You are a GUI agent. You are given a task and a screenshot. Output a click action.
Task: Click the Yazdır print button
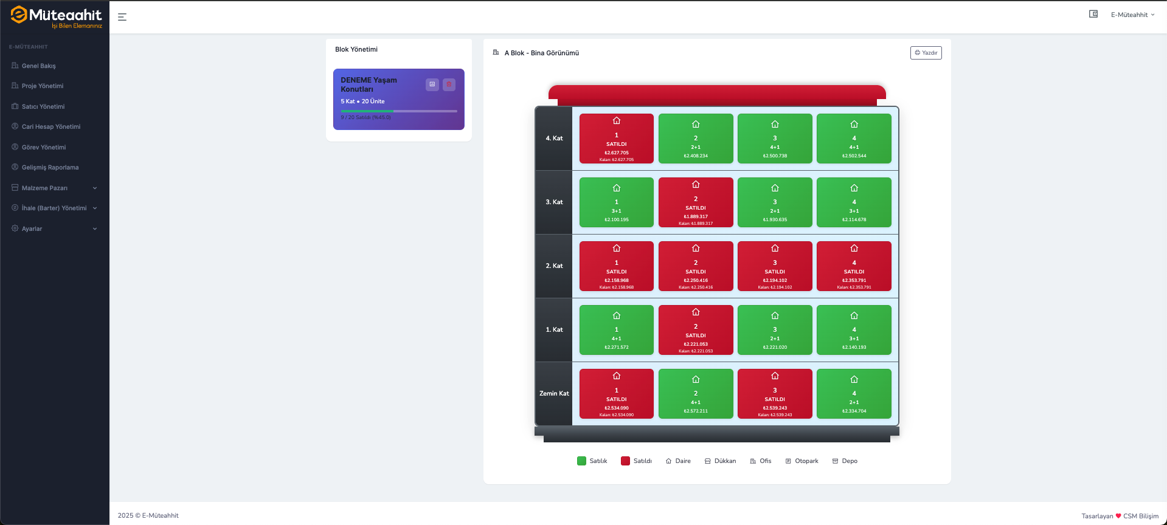926,53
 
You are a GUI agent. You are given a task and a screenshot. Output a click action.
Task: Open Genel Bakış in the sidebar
39,66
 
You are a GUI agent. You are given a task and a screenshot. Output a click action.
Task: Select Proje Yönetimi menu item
43,86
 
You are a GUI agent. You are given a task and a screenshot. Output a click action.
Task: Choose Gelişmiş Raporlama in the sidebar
50,168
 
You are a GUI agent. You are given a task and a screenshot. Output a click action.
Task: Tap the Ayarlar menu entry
32,229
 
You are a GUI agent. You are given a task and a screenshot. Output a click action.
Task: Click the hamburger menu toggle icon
122,17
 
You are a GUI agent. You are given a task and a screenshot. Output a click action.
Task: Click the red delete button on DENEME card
449,84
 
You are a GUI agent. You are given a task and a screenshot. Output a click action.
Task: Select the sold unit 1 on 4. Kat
616,139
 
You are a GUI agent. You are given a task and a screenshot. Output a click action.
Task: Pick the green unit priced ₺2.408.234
696,139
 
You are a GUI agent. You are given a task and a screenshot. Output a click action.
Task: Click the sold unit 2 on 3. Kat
696,202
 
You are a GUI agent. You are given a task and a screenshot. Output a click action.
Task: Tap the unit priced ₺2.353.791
854,266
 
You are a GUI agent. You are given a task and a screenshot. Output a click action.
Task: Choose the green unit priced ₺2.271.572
616,330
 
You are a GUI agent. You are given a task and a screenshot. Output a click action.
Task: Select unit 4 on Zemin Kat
854,394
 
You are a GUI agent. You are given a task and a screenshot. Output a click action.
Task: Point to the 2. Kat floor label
554,266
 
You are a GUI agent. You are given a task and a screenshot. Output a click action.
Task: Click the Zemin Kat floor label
554,394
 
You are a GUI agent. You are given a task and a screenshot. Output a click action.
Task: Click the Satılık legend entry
592,461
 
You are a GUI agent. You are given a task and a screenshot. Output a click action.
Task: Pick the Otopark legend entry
802,461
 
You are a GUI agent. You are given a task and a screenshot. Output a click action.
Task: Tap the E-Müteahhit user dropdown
1132,15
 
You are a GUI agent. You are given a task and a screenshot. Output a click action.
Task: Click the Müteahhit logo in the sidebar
56,16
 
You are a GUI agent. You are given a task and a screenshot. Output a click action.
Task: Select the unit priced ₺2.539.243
775,394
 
